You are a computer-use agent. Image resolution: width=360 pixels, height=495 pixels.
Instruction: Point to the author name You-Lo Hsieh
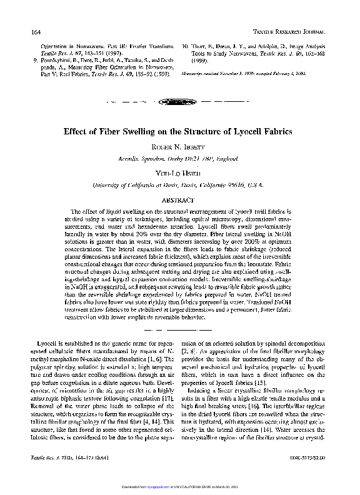click(x=181, y=174)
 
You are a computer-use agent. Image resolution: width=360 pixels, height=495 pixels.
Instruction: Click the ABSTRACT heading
click(x=180, y=201)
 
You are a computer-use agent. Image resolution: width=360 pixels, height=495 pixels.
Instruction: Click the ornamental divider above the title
click(x=180, y=101)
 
